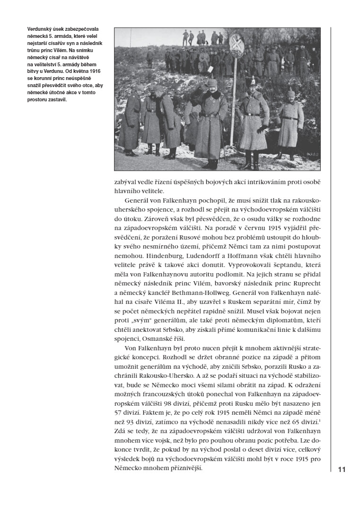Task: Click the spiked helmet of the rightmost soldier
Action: click(x=291, y=89)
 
